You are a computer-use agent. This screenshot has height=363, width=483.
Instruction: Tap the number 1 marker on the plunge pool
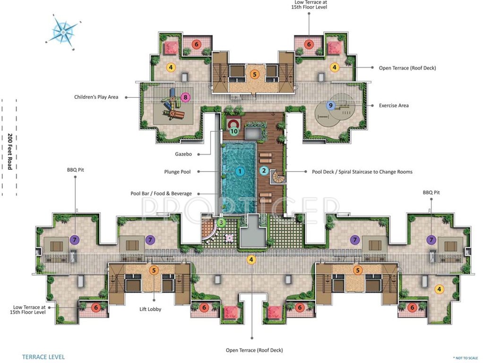click(x=240, y=171)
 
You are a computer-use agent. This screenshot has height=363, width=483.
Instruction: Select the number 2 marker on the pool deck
click(x=264, y=171)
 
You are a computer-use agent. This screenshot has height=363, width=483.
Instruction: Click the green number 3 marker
click(x=221, y=222)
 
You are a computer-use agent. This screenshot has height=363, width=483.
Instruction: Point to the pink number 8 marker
click(x=185, y=97)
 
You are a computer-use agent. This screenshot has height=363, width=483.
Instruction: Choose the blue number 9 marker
click(x=331, y=105)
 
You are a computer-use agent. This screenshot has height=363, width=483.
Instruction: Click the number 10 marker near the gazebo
click(x=233, y=132)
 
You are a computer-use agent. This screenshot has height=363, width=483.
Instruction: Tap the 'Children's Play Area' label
click(x=96, y=97)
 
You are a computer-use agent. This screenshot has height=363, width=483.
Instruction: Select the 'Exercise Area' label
click(x=394, y=105)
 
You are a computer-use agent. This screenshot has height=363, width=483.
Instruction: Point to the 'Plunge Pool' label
click(x=177, y=172)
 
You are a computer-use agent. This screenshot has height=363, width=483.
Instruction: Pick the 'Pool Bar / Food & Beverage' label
click(x=161, y=193)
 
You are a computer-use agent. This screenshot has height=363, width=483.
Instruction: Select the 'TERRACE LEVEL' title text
click(x=43, y=357)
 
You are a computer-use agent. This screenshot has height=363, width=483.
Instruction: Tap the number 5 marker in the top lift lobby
click(x=254, y=74)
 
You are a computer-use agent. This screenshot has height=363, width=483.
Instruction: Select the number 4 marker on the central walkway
click(x=251, y=259)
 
